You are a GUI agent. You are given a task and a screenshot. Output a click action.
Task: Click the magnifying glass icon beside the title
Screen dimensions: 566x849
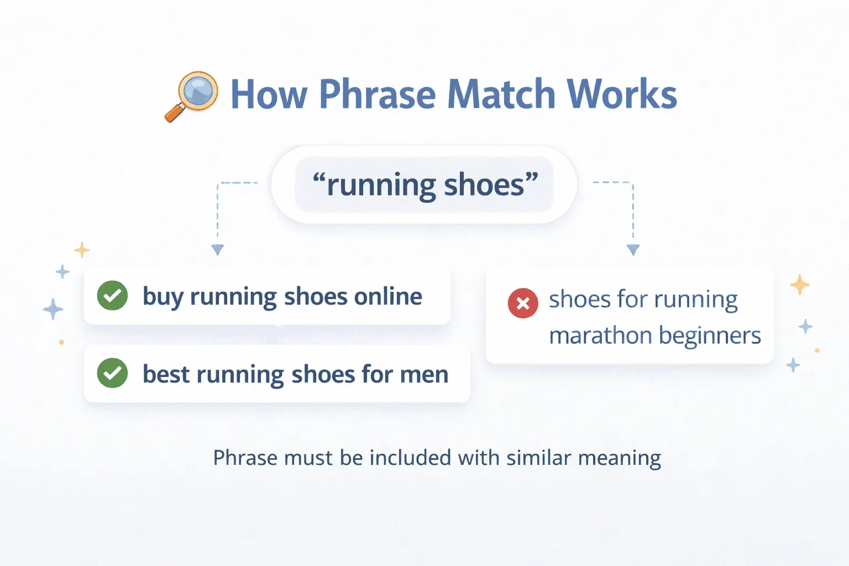(x=192, y=96)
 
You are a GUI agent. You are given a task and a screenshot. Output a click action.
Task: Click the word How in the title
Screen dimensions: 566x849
(x=269, y=95)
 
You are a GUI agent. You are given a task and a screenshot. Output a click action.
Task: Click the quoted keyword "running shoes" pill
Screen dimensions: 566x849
(x=424, y=185)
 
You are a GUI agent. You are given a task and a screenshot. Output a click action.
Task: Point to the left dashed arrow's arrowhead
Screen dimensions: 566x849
(x=217, y=250)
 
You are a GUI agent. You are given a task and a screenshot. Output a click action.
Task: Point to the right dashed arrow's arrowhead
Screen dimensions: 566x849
(x=633, y=250)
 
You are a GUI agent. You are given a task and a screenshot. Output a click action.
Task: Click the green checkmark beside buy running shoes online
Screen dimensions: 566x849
(x=112, y=296)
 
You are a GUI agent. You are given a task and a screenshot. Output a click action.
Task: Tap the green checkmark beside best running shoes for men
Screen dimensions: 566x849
(x=112, y=373)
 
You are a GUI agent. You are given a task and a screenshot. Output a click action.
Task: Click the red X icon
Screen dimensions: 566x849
(x=522, y=303)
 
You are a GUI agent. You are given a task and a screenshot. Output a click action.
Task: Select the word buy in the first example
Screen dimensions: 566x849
(x=163, y=297)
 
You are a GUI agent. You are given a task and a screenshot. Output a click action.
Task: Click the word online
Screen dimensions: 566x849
(x=388, y=297)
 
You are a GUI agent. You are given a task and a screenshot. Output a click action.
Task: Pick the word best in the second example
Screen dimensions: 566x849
(x=166, y=374)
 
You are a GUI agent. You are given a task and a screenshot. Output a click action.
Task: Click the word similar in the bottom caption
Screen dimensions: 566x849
(x=538, y=458)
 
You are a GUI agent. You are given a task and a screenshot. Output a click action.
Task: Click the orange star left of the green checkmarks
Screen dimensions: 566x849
(x=82, y=250)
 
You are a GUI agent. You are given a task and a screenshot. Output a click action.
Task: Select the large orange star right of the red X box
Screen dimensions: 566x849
(x=799, y=285)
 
